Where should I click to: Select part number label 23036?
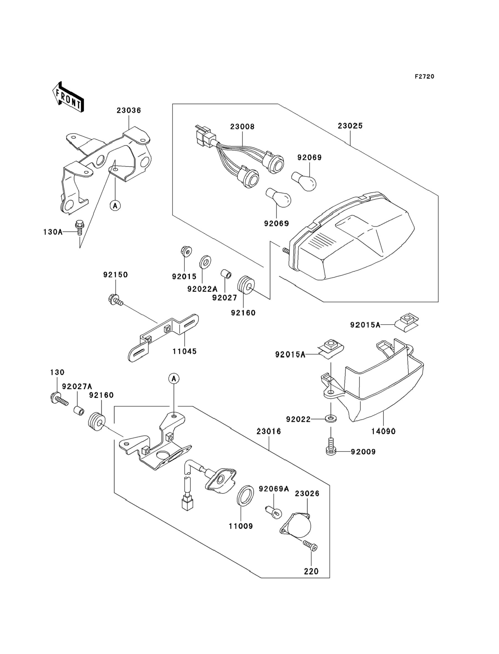(x=129, y=110)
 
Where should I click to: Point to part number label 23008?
(x=242, y=127)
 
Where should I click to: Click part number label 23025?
(x=350, y=126)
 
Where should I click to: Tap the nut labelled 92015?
(x=186, y=251)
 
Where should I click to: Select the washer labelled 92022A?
(x=205, y=262)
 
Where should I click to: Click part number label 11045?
(x=184, y=351)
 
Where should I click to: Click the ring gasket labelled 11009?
(x=245, y=496)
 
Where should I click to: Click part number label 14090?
(x=383, y=431)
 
